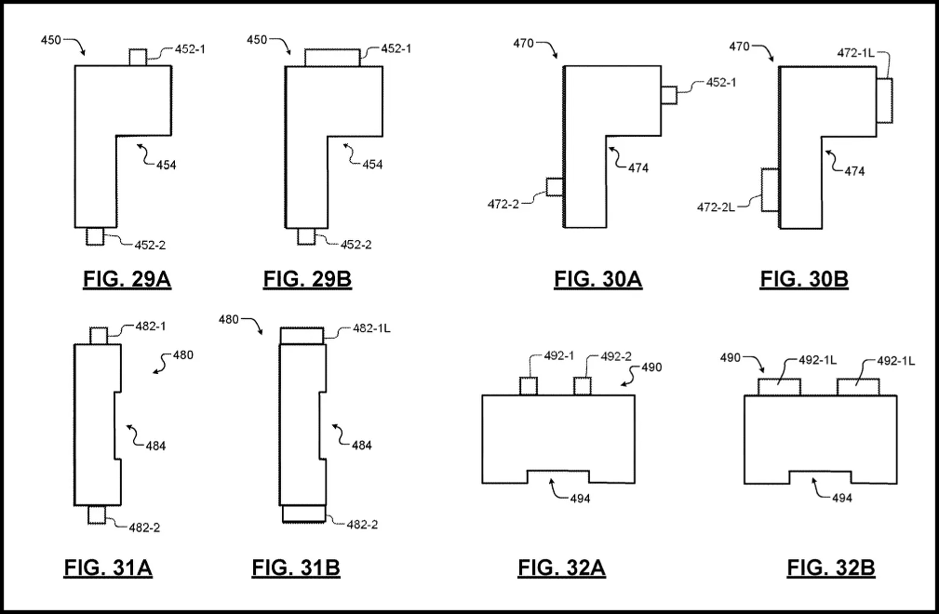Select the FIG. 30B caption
(804, 279)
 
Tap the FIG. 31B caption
(295, 566)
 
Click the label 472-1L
(855, 53)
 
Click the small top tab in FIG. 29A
(138, 57)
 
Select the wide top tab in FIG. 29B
(331, 57)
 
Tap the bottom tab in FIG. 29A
(95, 236)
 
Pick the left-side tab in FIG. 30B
(770, 191)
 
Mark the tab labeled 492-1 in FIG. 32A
(528, 386)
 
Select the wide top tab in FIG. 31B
(302, 335)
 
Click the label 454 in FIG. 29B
(371, 165)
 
